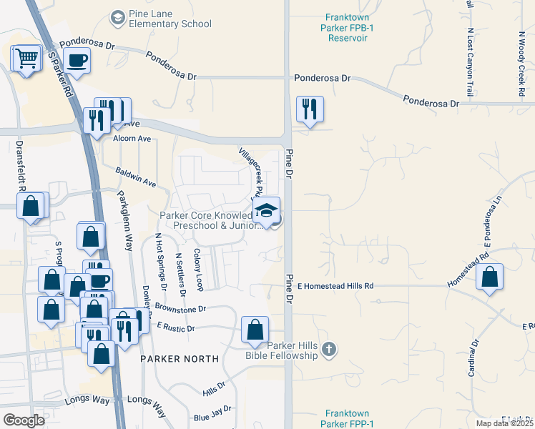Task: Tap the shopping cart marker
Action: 27,58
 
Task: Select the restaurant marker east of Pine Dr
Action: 310,109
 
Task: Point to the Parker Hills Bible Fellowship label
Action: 291,350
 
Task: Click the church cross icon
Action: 329,350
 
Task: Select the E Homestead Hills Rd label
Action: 335,286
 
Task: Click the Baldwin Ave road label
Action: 136,178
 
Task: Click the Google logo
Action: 24,420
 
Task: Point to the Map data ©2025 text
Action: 504,423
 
